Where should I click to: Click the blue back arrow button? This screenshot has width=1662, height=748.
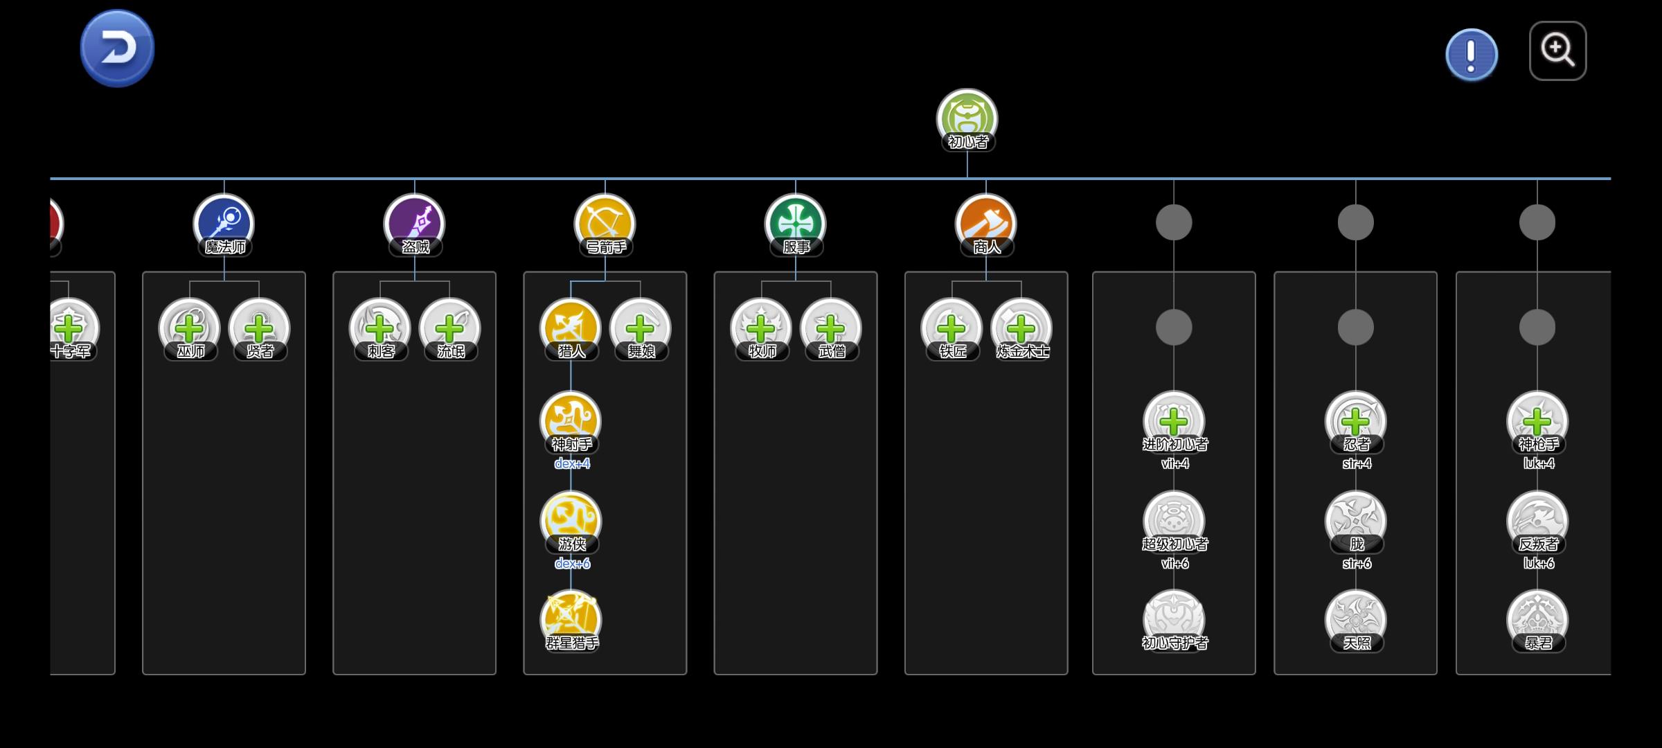pyautogui.click(x=117, y=48)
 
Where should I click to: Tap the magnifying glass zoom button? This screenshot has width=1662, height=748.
pyautogui.click(x=1557, y=51)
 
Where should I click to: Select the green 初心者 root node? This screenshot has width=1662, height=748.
pyautogui.click(x=967, y=118)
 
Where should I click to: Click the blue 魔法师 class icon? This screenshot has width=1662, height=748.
pyautogui.click(x=224, y=223)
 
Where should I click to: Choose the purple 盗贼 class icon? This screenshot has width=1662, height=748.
pyautogui.click(x=414, y=223)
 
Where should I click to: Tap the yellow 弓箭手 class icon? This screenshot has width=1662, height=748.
pyautogui.click(x=605, y=223)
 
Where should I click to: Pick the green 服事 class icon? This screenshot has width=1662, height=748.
pyautogui.click(x=795, y=223)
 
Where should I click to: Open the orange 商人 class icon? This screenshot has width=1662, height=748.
pyautogui.click(x=985, y=223)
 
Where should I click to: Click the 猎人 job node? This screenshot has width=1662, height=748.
pyautogui.click(x=571, y=328)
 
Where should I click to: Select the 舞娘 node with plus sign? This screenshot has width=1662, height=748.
pyautogui.click(x=641, y=328)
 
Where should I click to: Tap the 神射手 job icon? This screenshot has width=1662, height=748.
pyautogui.click(x=571, y=420)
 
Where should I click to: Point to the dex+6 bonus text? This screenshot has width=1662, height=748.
pyautogui.click(x=572, y=564)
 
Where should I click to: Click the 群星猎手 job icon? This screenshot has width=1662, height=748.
pyautogui.click(x=571, y=618)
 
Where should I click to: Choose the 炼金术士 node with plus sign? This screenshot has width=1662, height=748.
pyautogui.click(x=1021, y=328)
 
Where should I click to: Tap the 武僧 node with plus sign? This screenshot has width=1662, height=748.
pyautogui.click(x=830, y=328)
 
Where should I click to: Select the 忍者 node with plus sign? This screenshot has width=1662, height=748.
pyautogui.click(x=1355, y=420)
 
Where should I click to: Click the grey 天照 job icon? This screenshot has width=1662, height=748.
pyautogui.click(x=1355, y=618)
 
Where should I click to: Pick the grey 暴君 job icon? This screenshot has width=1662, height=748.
pyautogui.click(x=1537, y=618)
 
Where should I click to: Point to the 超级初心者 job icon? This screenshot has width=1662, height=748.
pyautogui.click(x=1174, y=519)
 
